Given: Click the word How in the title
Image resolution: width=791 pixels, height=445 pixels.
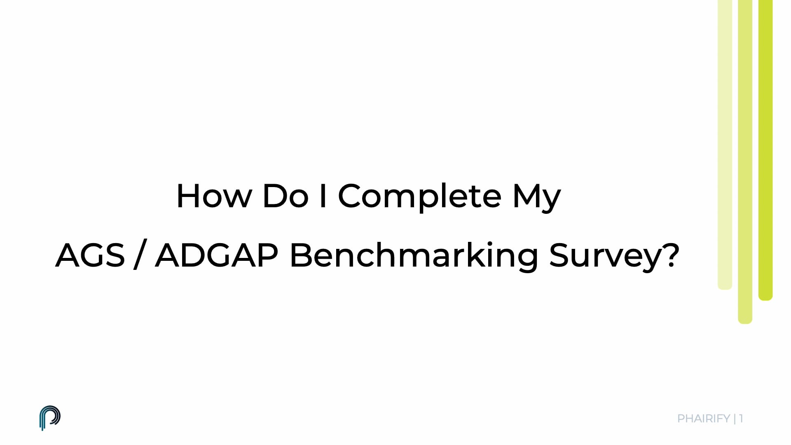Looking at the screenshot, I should click(214, 196).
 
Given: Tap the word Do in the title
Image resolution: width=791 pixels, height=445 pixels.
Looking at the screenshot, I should click(285, 196).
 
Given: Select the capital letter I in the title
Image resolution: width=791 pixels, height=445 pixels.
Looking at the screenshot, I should click(323, 196).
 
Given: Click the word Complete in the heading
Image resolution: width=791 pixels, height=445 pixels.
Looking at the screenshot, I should click(419, 197).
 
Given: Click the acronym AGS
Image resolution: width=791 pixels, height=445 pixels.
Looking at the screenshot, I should click(90, 255).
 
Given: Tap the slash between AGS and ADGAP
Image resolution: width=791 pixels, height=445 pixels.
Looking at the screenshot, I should click(139, 255).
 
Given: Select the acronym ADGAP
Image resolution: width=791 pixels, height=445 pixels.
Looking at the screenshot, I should click(217, 255).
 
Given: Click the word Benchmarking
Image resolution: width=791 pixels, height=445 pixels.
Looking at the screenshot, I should click(414, 255).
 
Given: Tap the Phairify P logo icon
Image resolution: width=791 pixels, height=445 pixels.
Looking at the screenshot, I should click(50, 418).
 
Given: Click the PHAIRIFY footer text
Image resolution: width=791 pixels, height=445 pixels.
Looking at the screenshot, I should click(703, 419).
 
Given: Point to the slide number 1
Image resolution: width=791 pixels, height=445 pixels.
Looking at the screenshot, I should click(741, 419).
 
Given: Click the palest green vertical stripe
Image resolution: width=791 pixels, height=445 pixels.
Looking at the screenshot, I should click(725, 144).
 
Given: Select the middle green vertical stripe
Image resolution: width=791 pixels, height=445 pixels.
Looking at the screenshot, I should click(745, 161).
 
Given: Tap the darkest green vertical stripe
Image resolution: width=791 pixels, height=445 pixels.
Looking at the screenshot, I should click(765, 148).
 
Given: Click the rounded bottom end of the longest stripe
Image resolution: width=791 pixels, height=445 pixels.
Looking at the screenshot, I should click(745, 319).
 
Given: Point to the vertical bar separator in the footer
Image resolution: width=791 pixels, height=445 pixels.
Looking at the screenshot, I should click(735, 419).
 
